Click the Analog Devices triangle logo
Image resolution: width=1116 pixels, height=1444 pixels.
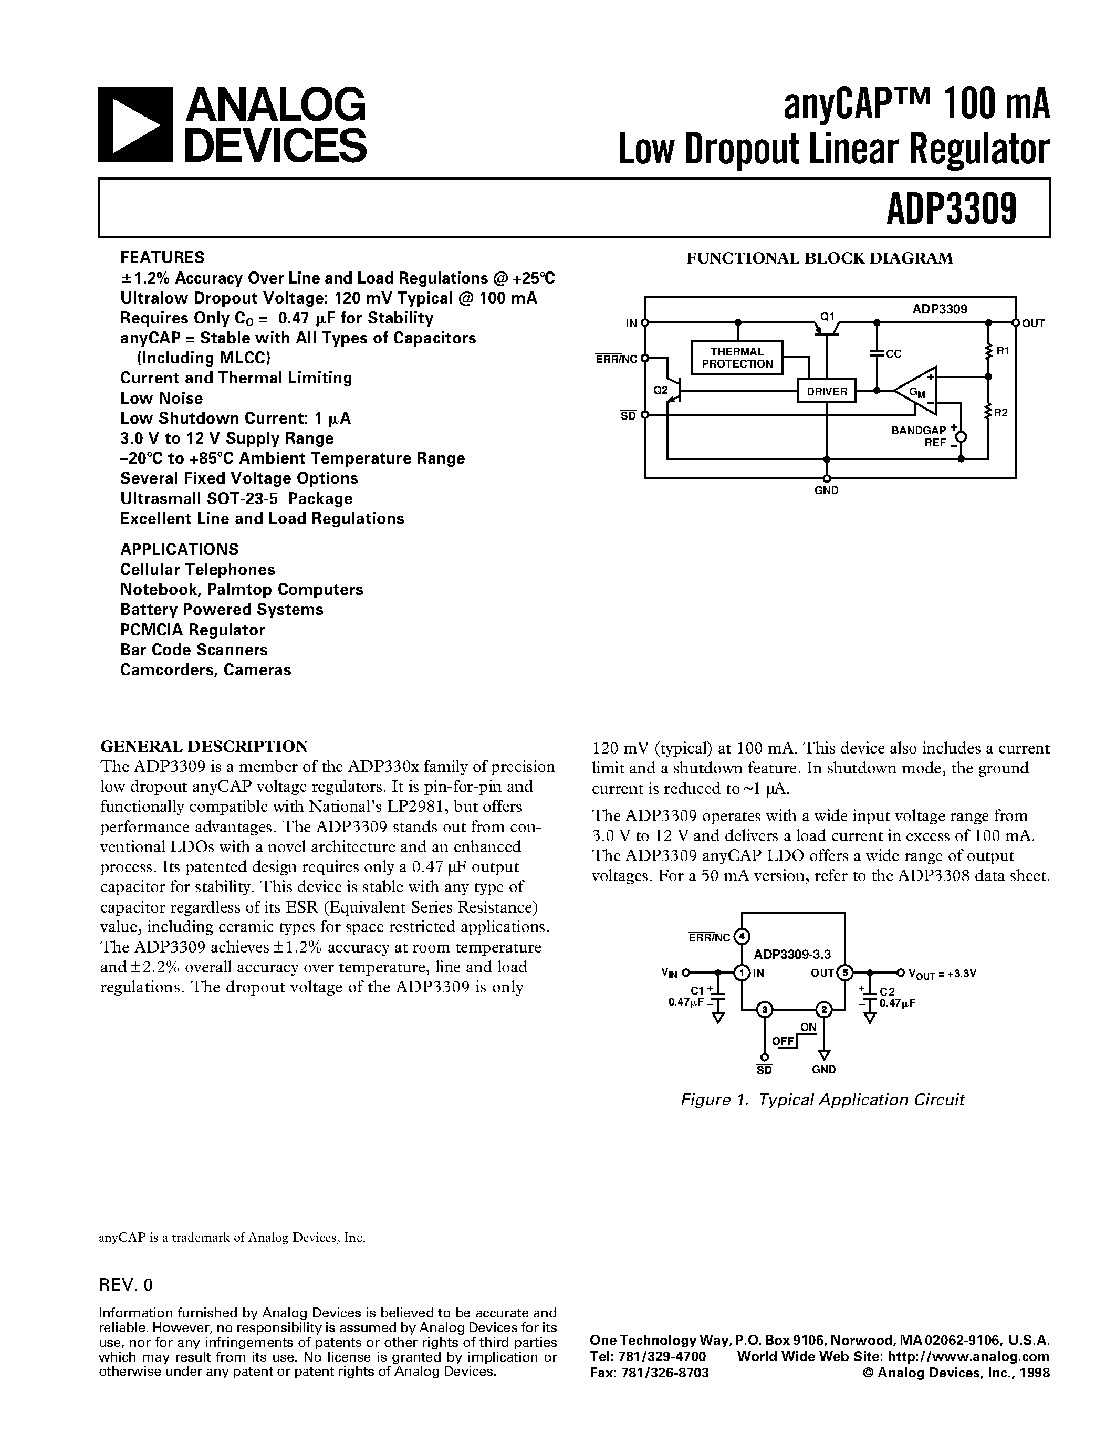135,125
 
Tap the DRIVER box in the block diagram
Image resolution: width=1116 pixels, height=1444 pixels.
827,391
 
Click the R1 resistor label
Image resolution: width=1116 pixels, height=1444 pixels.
1002,351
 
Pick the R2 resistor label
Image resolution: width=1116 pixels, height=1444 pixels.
1000,413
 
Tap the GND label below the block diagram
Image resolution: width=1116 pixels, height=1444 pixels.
827,490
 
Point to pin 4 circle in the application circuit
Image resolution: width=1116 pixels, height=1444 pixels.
742,936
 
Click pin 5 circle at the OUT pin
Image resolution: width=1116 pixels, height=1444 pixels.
844,972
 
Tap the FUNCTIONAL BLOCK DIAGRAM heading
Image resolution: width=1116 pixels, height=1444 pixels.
819,258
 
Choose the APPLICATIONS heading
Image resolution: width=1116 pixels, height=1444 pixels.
179,549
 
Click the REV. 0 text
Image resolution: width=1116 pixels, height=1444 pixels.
126,1285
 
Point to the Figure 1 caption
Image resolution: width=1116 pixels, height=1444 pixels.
822,1100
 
